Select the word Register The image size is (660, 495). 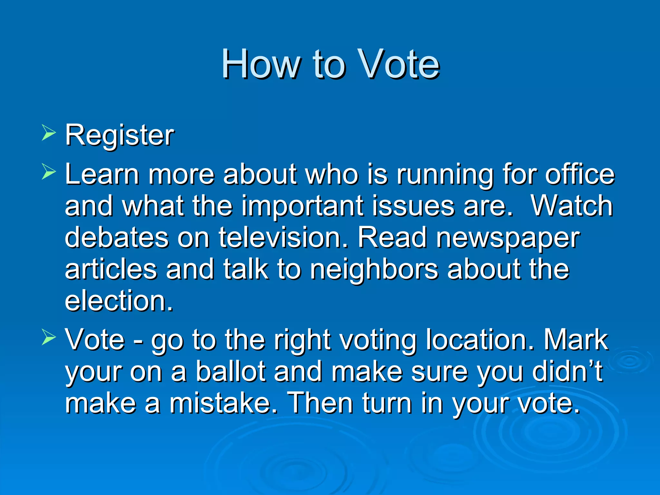click(120, 135)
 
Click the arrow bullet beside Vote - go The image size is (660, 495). click(49, 338)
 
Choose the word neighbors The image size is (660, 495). click(374, 269)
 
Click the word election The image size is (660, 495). click(119, 300)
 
